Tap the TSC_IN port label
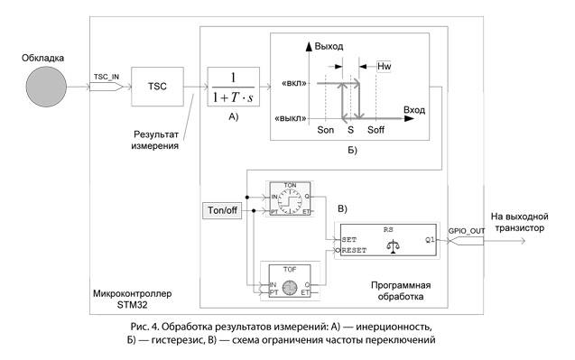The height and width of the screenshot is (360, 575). pyautogui.click(x=107, y=78)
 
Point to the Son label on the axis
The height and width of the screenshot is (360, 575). pyautogui.click(x=326, y=131)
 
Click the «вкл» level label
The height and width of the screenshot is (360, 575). pyautogui.click(x=297, y=83)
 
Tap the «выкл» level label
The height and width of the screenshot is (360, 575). pyautogui.click(x=293, y=117)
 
